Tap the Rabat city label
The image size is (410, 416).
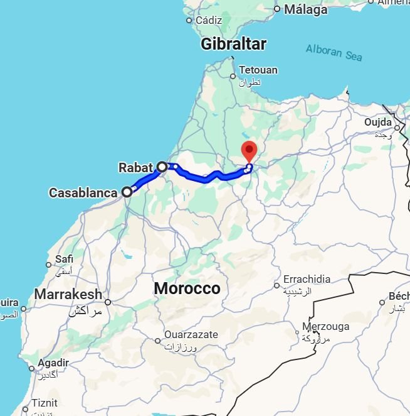136,168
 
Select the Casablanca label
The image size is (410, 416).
83,192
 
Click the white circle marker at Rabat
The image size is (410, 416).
162,167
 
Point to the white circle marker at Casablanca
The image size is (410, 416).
127,192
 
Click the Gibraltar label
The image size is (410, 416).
233,44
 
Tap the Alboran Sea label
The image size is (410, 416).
334,52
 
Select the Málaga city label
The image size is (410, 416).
305,9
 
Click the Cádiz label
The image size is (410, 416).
209,20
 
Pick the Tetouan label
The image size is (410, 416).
258,70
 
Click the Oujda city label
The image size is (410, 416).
377,122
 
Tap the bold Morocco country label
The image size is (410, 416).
187,288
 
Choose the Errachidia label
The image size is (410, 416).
306,279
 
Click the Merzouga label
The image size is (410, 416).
325,326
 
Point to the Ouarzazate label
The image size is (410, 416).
191,335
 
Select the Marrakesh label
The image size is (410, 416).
68,294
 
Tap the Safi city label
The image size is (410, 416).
65,259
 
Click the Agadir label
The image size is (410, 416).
53,363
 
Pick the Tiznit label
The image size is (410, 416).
45,403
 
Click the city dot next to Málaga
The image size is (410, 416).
276,9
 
